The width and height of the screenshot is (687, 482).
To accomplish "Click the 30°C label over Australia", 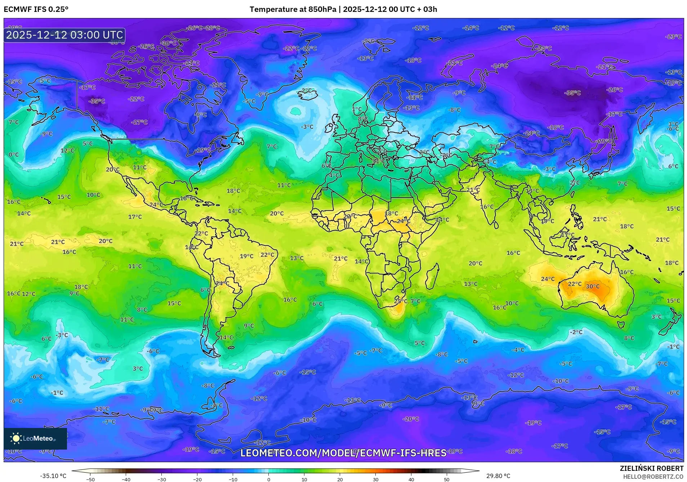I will coord(593,286).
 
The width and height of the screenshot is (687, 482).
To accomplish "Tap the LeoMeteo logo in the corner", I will coord(35,438).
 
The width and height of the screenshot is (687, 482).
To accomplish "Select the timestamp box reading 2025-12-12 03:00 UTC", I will coord(64,35).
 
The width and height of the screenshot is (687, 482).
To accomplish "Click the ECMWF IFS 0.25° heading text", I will coord(36,9).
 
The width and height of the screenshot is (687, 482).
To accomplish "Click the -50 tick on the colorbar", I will coord(90,479).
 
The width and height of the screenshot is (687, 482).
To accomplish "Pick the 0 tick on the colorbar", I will coord(268,479).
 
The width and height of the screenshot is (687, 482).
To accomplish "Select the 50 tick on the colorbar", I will coord(447,479).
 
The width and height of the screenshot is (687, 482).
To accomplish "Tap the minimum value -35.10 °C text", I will coord(53,476).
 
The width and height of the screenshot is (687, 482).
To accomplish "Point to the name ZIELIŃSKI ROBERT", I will coord(651,468).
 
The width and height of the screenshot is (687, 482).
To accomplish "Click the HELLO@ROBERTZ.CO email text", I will coord(653,477).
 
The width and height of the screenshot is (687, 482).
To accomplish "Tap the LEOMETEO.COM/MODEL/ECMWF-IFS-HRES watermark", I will coord(343,453).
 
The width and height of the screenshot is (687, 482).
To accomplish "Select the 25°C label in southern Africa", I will coord(401,301).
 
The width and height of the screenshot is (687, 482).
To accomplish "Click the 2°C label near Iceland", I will coord(307,90).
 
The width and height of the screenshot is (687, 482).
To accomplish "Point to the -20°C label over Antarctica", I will coord(411,419).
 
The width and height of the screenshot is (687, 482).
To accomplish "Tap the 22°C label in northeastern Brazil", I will coord(267,255).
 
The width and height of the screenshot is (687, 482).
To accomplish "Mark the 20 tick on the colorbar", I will coord(340,479).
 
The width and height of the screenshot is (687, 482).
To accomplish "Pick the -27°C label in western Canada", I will coord(139,122).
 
